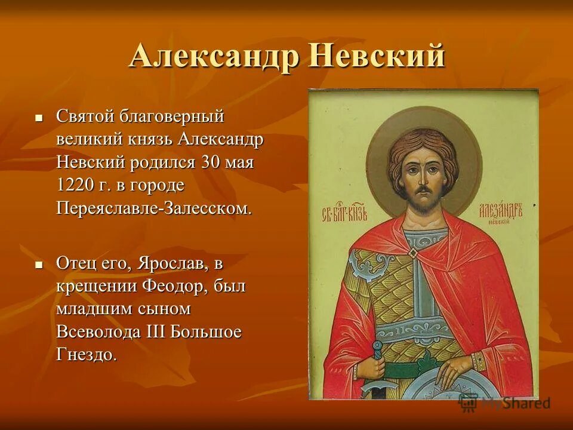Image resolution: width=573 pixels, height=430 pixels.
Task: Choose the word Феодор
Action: click(175, 285)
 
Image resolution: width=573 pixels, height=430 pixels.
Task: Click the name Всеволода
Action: click(98, 332)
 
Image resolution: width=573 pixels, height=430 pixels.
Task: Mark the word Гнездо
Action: click(86, 355)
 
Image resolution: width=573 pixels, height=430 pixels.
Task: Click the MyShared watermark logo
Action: click(504, 403)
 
